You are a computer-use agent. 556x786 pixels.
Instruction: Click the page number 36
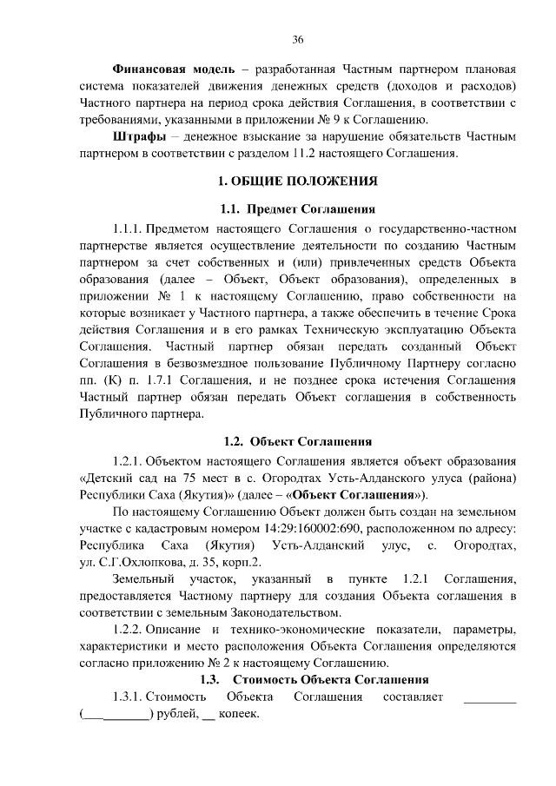[x=298, y=40]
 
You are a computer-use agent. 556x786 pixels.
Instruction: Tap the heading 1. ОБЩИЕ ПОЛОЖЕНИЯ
[x=298, y=182]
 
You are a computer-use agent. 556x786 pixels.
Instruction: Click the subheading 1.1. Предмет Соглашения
[x=298, y=209]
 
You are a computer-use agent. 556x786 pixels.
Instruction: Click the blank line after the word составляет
[x=490, y=697]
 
